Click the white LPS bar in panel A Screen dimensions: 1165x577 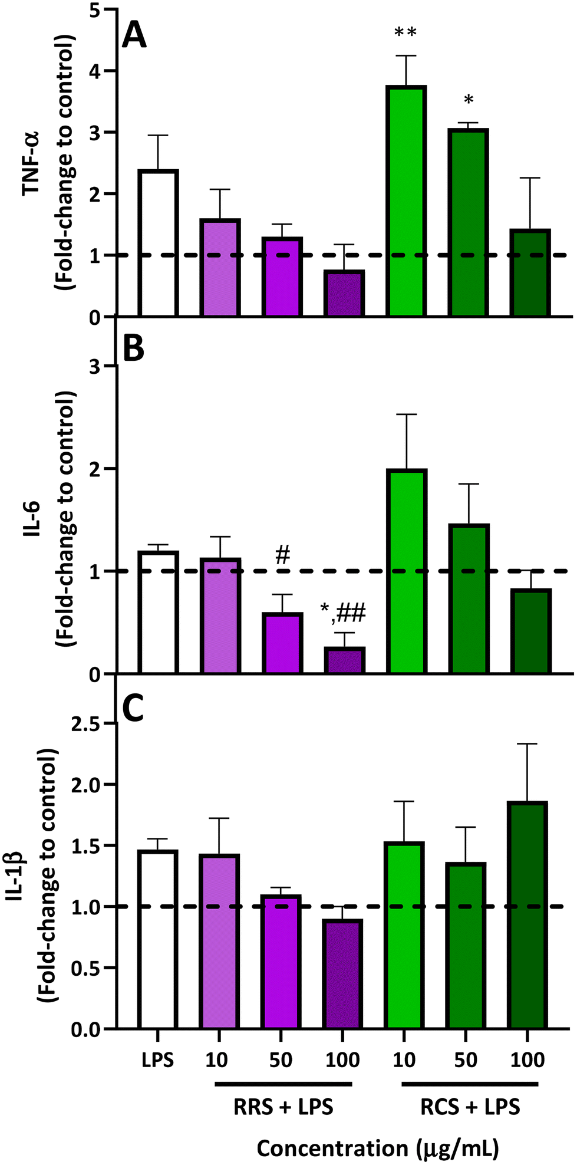pos(158,243)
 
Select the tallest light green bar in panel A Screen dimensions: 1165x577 pos(406,200)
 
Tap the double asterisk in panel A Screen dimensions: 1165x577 pos(405,33)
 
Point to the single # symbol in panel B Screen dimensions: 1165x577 pos(283,555)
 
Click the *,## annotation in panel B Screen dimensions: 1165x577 pos(344,614)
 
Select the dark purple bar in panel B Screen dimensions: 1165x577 pos(344,660)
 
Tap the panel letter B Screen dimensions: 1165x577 pos(133,348)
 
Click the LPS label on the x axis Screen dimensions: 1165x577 pos(158,1060)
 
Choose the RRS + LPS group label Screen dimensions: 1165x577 pos(283,1107)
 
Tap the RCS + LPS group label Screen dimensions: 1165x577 pos(470,1107)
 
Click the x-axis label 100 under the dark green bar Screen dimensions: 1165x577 pos(527,1060)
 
